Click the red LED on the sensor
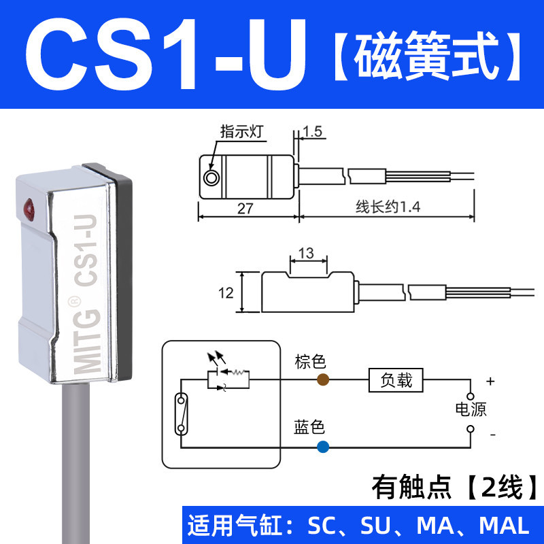click(x=30, y=205)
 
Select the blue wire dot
click(x=322, y=447)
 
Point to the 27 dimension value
click(x=246, y=209)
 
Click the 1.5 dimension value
click(x=313, y=132)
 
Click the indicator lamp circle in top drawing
click(x=211, y=178)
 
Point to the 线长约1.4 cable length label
click(x=383, y=209)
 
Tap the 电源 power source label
click(x=471, y=409)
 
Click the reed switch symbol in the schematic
click(x=182, y=413)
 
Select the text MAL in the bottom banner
click(x=504, y=526)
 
